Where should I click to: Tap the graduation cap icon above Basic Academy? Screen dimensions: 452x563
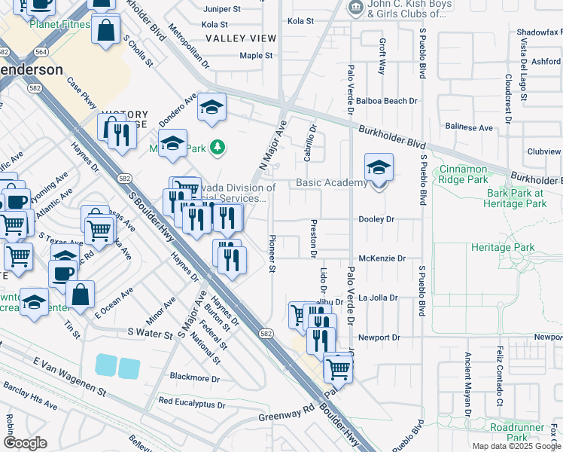tap(379, 167)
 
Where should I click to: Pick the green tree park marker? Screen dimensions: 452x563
tap(218, 146)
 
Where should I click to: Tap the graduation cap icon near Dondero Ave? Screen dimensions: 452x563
tap(212, 108)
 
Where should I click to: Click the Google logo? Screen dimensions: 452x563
tap(25, 443)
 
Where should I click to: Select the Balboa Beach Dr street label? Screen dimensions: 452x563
tap(388, 101)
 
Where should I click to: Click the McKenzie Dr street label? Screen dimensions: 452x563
tap(382, 258)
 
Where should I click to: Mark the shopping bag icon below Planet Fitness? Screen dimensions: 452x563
tap(106, 31)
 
